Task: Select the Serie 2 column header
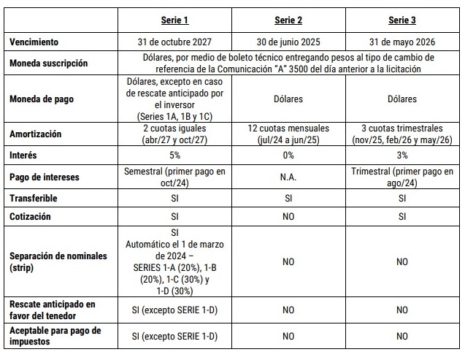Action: click(288, 20)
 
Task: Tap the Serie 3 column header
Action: click(402, 20)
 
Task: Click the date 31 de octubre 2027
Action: click(174, 42)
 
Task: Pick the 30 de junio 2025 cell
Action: click(288, 42)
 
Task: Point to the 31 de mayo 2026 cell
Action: click(402, 42)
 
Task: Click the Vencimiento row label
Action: click(34, 42)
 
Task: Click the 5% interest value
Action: click(174, 155)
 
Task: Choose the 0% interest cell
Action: click(288, 155)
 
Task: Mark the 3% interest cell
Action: click(402, 155)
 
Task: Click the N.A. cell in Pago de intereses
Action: click(288, 177)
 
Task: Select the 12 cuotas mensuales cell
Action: click(288, 134)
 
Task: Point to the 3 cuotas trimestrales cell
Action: click(402, 134)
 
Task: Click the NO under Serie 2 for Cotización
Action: click(288, 216)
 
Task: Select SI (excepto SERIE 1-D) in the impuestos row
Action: click(174, 336)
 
